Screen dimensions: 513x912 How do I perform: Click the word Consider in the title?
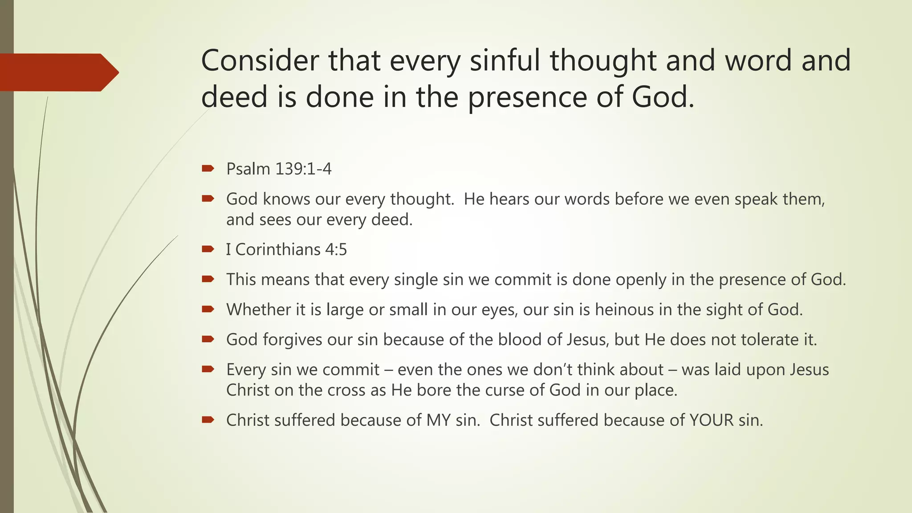(260, 61)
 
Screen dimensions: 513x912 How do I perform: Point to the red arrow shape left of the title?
(58, 72)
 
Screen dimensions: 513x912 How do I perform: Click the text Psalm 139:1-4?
(279, 169)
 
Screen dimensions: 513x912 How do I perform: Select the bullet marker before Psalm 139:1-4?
(208, 168)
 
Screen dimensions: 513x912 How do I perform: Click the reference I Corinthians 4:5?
(286, 249)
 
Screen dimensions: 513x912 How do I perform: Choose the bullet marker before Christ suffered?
(208, 419)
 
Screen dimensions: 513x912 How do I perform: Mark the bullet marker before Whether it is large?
(208, 309)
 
